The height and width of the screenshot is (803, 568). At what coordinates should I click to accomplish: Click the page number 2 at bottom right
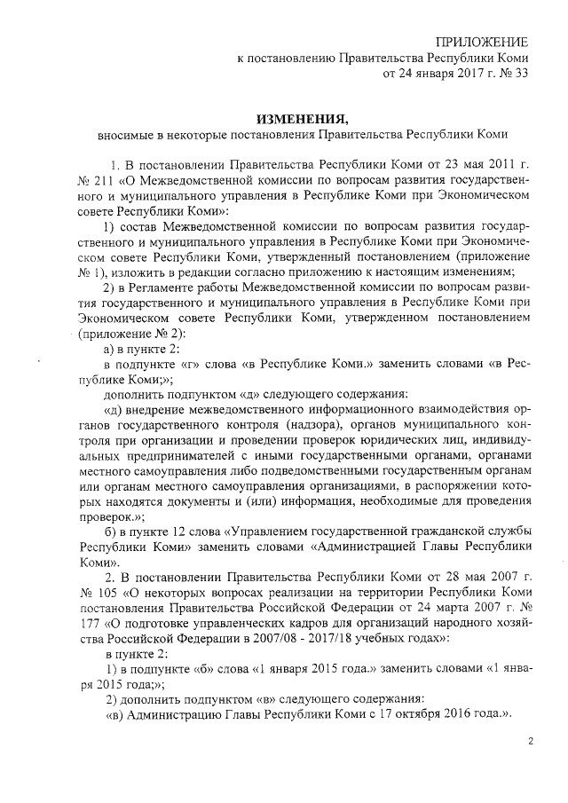point(531,741)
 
